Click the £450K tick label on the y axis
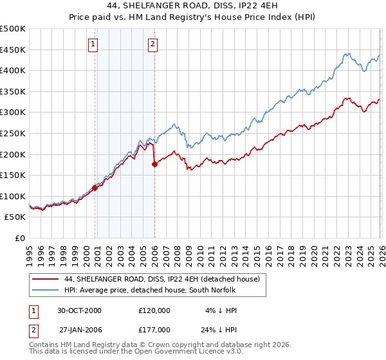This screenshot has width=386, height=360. (13, 50)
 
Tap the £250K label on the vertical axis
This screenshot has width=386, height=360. (13, 133)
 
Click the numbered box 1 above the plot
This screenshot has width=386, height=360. (93, 44)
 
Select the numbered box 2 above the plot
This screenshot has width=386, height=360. (153, 44)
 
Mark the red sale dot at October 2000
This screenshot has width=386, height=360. (95, 188)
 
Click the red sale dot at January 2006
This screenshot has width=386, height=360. (154, 164)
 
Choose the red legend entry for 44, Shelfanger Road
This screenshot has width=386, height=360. (161, 279)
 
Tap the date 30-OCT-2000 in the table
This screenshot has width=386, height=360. (79, 310)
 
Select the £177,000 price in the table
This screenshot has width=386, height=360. (154, 328)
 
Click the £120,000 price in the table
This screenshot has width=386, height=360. (154, 310)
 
